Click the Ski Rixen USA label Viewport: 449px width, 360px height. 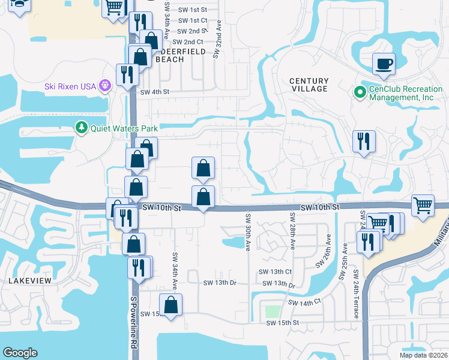click(x=70, y=86)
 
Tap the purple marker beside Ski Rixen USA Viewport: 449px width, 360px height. click(x=105, y=86)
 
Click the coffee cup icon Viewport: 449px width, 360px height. click(x=383, y=63)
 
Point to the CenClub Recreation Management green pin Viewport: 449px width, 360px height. click(x=360, y=92)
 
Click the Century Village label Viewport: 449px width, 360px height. click(x=309, y=85)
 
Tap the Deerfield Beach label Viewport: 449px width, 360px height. click(x=181, y=56)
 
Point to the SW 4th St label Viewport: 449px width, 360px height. click(x=155, y=92)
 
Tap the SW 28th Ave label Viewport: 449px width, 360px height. click(x=293, y=231)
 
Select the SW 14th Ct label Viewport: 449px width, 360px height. click(x=305, y=304)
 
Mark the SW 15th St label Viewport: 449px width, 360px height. click(x=283, y=323)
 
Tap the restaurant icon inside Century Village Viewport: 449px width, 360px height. click(x=364, y=142)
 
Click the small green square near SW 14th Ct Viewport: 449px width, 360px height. click(x=273, y=312)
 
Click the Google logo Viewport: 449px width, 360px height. click(x=20, y=353)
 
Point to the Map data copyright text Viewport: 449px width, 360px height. click(x=424, y=355)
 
